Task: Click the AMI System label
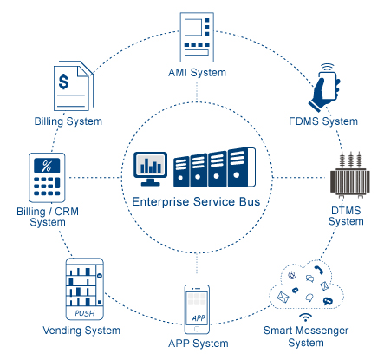click(x=197, y=73)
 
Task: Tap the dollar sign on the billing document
click(x=63, y=82)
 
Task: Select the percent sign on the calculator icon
click(x=47, y=166)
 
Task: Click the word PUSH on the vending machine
click(x=85, y=313)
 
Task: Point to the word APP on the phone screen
click(x=199, y=318)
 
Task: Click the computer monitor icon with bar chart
click(x=150, y=169)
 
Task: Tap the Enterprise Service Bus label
click(x=196, y=202)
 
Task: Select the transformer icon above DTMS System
click(x=350, y=174)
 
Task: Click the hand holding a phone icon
click(x=324, y=88)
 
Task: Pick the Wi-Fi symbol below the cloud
click(x=305, y=317)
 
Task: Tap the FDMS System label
click(x=323, y=121)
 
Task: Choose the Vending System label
click(x=81, y=331)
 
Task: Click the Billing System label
click(x=68, y=121)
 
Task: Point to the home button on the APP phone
click(x=197, y=329)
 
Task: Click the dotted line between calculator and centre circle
click(x=95, y=177)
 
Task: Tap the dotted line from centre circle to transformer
click(x=300, y=177)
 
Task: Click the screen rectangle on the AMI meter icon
click(x=193, y=28)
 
